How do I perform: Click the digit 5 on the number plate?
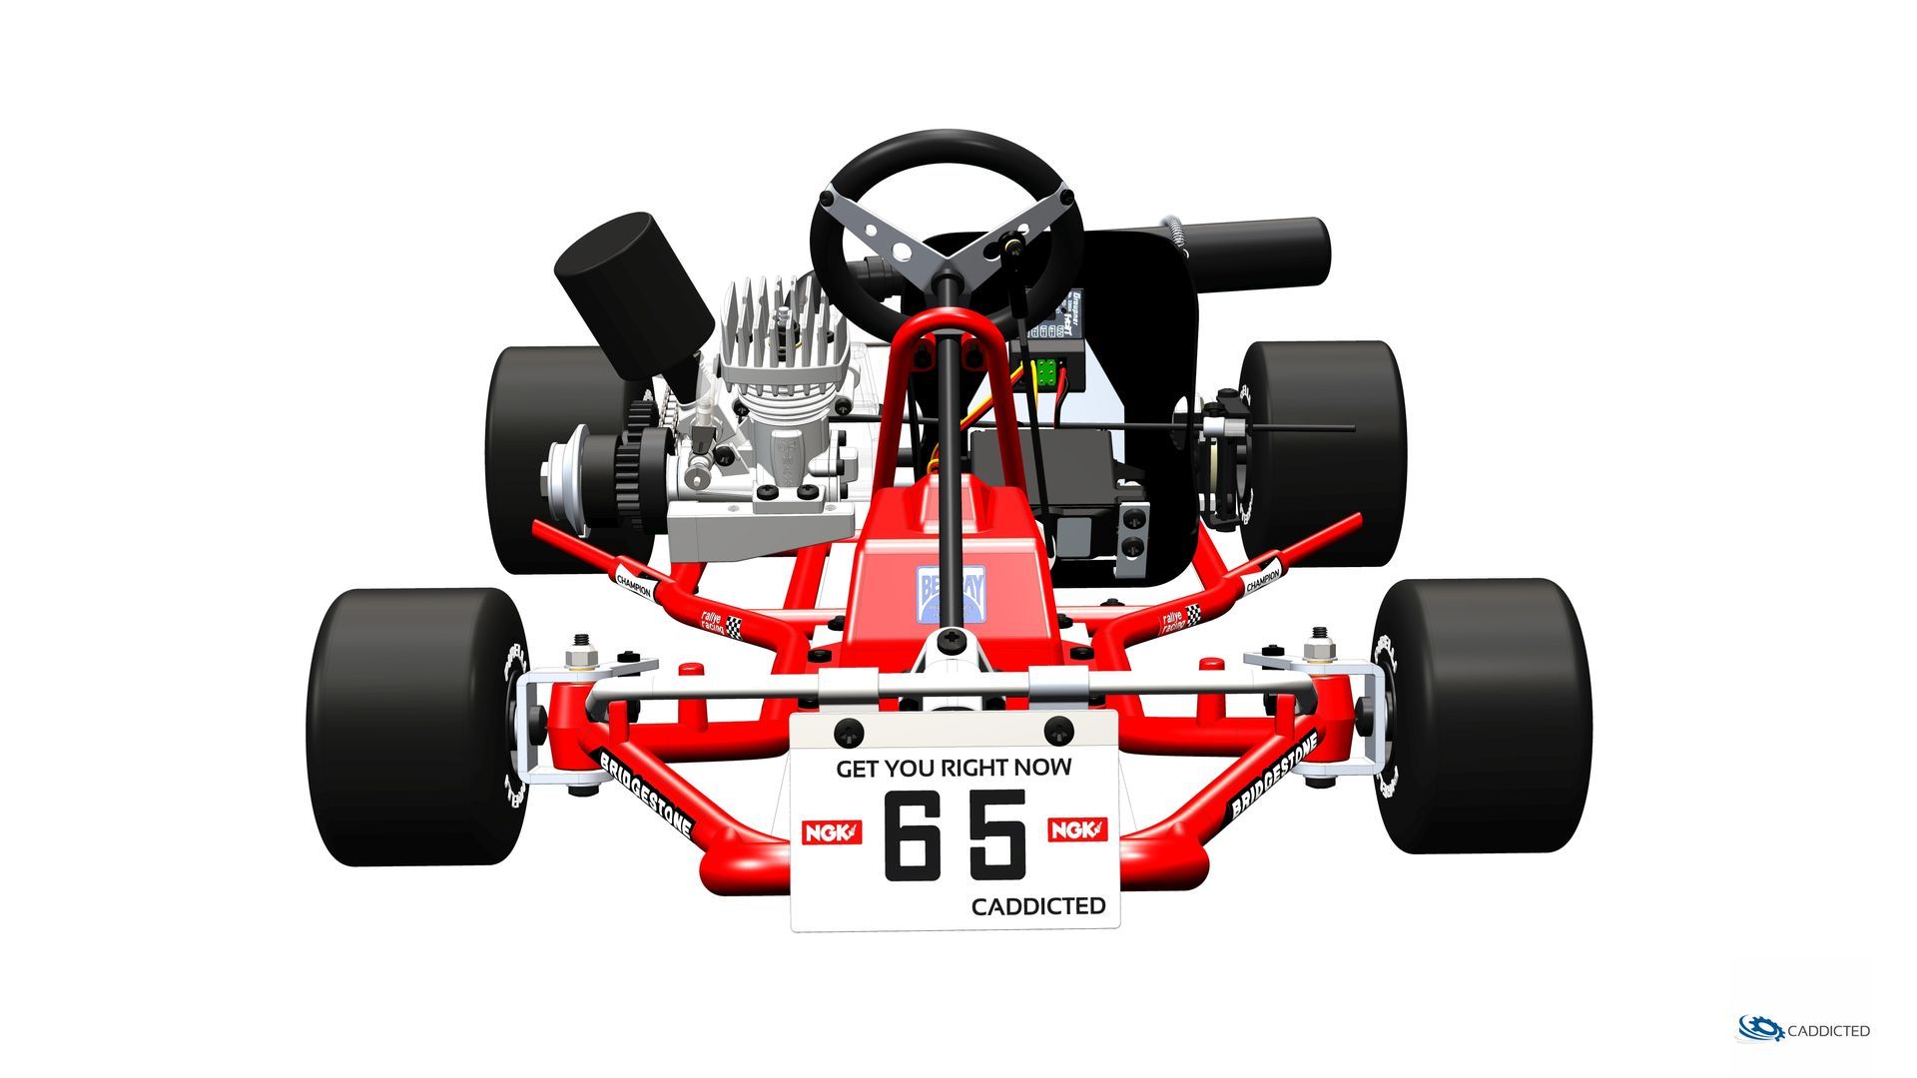(997, 834)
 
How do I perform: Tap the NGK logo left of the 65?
(831, 831)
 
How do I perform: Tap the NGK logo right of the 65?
(1077, 829)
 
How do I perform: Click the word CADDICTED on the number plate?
(1038, 906)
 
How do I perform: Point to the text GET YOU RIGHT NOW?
(954, 768)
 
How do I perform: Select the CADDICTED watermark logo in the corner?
(1804, 1029)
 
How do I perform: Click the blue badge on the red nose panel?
(951, 594)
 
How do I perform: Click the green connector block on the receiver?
(1045, 372)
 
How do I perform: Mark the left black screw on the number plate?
(848, 731)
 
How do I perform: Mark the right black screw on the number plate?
(1058, 729)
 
